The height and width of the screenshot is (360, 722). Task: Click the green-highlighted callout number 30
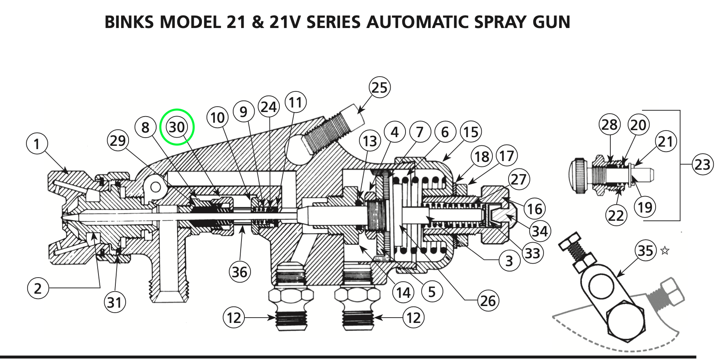click(177, 127)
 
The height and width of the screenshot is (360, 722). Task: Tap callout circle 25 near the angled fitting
click(379, 87)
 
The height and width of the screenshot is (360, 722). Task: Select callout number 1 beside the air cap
click(37, 144)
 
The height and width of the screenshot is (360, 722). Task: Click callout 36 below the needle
click(239, 272)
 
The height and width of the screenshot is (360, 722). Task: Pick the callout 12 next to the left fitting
click(234, 318)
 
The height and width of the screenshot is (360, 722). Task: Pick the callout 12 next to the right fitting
click(413, 318)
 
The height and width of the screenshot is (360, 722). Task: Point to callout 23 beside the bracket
click(702, 165)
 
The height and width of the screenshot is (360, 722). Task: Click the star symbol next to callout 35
click(665, 250)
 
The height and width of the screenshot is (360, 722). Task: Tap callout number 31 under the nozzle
click(115, 302)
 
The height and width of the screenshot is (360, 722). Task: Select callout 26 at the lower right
click(488, 301)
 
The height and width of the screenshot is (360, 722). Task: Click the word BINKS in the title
click(129, 22)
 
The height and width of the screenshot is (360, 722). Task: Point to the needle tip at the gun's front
click(63, 217)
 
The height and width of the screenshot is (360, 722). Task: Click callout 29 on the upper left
click(118, 141)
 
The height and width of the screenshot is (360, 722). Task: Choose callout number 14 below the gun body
click(403, 292)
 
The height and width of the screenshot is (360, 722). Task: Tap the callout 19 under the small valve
click(645, 207)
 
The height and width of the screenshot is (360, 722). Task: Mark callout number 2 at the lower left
click(38, 288)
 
